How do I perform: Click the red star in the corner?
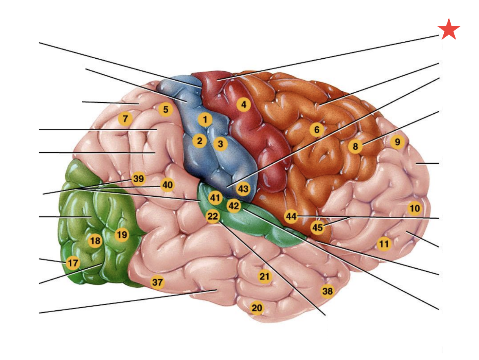(449, 30)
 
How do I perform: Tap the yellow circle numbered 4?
(243, 104)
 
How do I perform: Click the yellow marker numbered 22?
(213, 217)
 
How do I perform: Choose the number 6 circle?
(316, 130)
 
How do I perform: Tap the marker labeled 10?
(415, 208)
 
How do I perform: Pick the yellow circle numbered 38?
(327, 291)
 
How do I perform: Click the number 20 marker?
(257, 308)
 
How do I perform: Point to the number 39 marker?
(139, 179)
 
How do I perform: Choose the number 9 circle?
(397, 142)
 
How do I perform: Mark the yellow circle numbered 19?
(121, 235)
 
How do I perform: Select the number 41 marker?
(215, 198)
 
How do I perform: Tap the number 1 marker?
(205, 120)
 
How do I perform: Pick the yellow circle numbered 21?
(264, 276)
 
